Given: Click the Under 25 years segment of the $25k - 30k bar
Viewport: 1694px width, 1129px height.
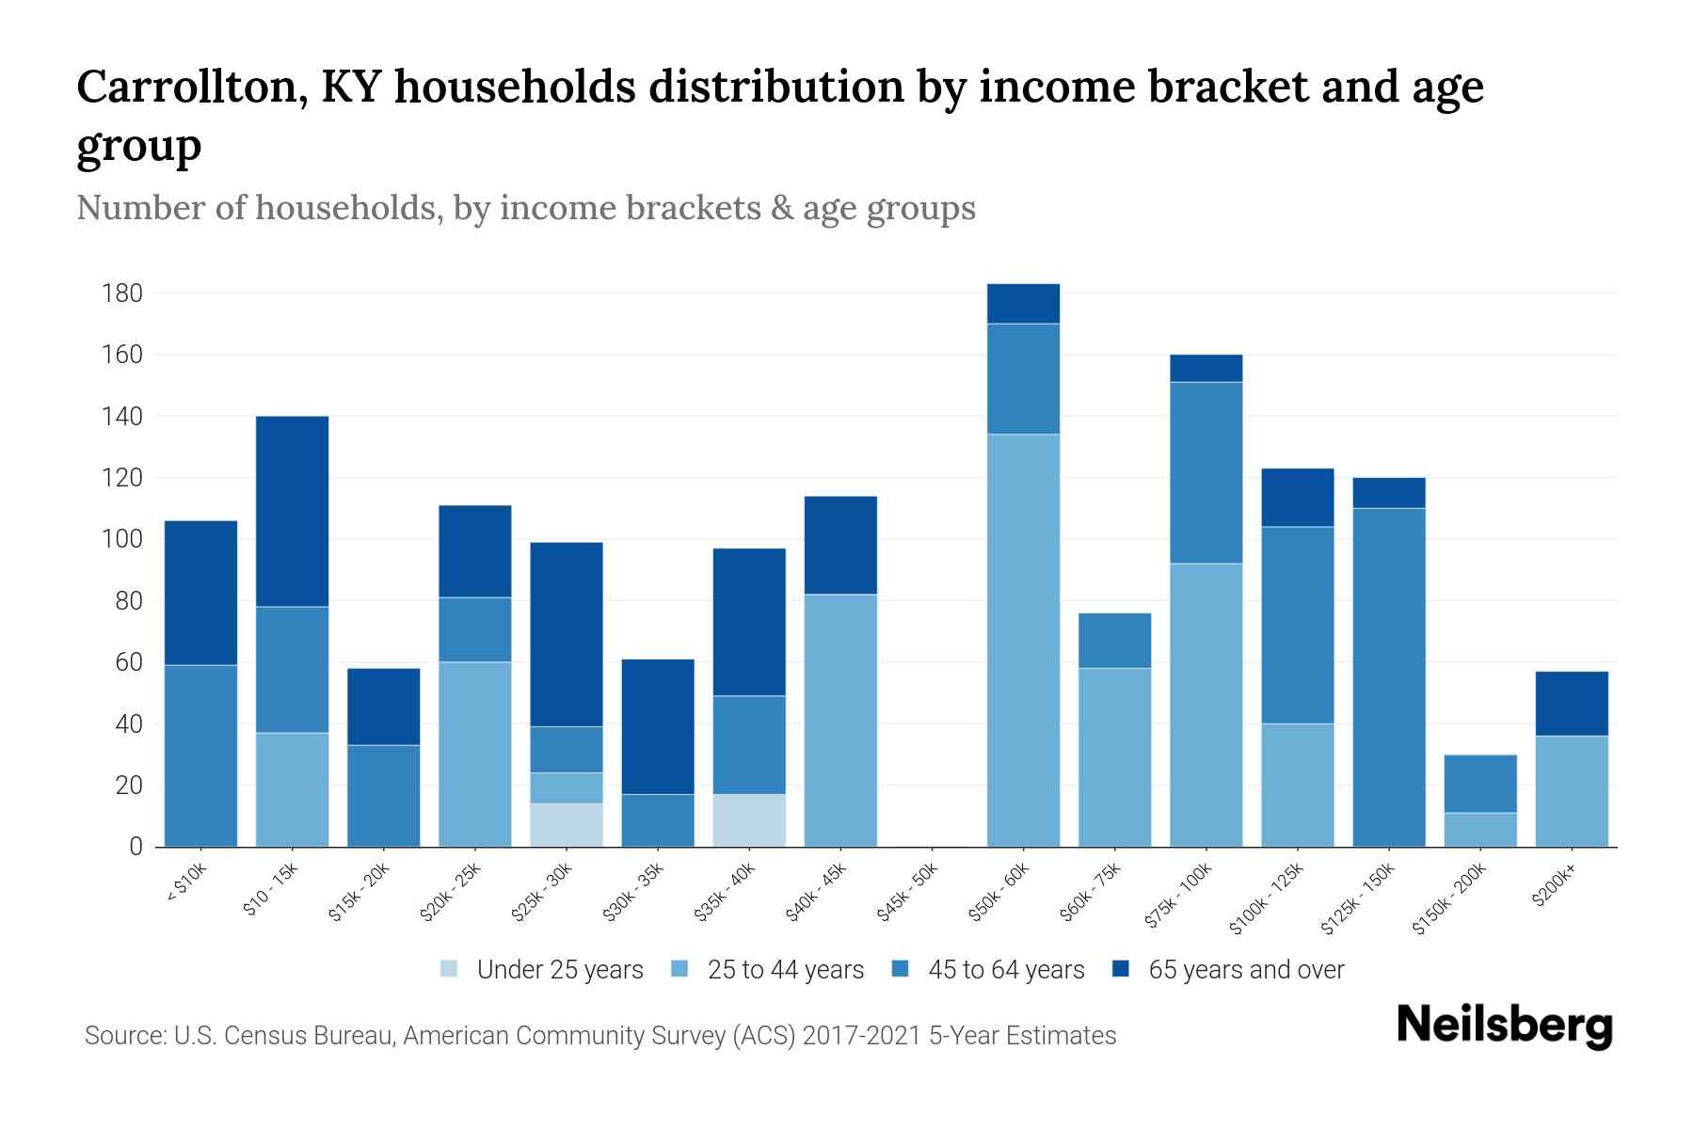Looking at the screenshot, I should [x=567, y=824].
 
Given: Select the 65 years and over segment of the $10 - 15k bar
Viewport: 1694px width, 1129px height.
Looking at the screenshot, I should [x=292, y=511].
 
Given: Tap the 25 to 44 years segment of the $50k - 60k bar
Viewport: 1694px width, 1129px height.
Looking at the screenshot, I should [x=1023, y=640].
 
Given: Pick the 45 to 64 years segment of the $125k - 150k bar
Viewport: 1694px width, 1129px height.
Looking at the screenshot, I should [x=1389, y=677].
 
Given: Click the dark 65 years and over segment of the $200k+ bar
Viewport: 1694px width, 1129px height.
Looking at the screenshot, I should [x=1572, y=703].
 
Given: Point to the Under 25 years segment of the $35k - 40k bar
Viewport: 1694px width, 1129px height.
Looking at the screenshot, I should [x=749, y=819].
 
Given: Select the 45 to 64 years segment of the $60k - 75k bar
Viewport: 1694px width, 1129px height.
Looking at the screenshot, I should [x=1114, y=641].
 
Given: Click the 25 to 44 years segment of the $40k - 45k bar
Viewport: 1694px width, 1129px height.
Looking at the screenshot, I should [x=840, y=720].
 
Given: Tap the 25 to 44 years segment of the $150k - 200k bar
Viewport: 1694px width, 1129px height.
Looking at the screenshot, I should [x=1480, y=829].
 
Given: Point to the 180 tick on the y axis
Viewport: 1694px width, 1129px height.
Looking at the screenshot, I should [x=121, y=294].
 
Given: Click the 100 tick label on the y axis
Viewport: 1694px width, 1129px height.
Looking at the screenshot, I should [x=121, y=540].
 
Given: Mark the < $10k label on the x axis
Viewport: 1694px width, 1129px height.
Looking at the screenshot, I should [x=186, y=883].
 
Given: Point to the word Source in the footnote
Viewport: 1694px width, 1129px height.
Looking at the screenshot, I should [x=123, y=1036].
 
